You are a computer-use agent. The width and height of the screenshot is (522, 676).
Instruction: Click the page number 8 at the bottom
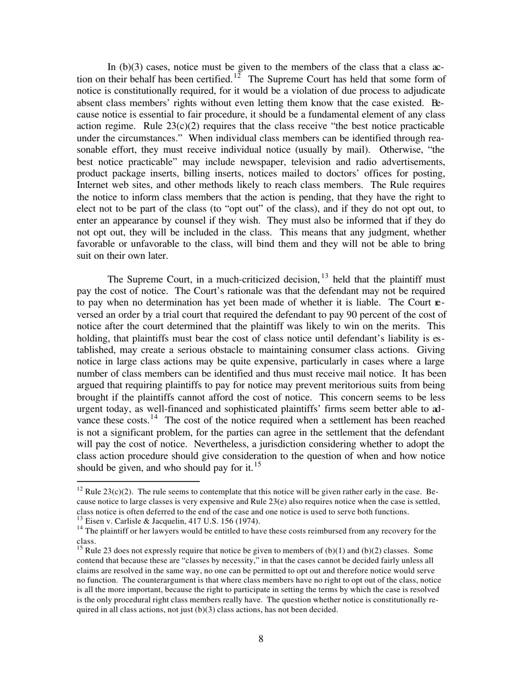[261, 639]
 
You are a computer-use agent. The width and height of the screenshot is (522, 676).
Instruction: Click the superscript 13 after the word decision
[324, 275]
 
